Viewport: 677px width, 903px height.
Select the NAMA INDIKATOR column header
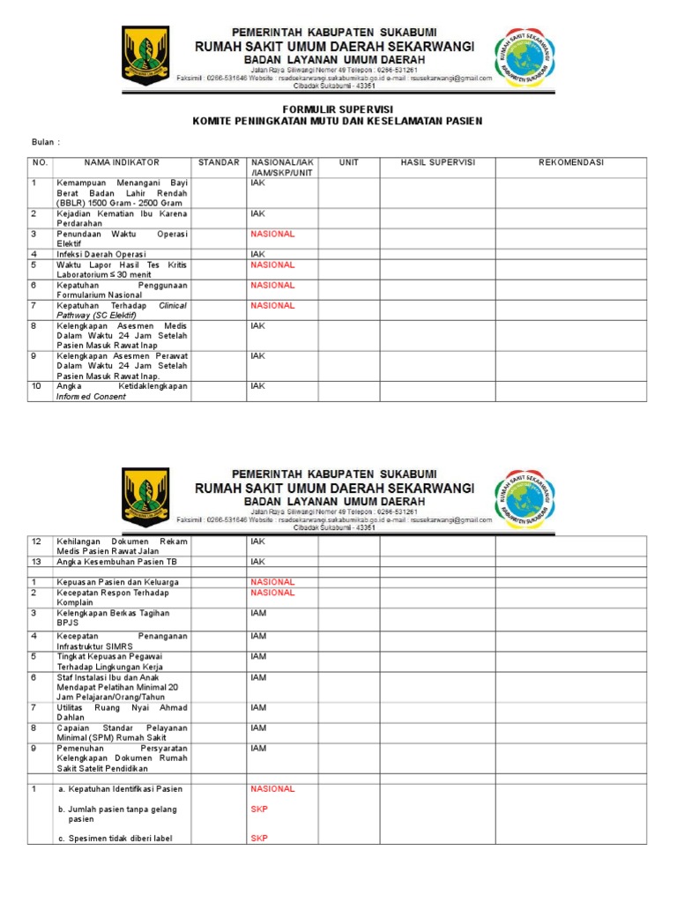122,163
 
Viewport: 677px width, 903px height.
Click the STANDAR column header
219,163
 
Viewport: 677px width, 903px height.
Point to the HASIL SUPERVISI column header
437,163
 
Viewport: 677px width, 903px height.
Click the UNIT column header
348,163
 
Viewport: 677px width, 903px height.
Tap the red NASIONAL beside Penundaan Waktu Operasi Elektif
272,234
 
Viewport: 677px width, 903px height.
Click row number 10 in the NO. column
37,386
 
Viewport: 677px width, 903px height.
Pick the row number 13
36,562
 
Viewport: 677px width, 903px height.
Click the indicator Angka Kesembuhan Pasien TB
117,562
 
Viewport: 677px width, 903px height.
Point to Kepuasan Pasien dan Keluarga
117,582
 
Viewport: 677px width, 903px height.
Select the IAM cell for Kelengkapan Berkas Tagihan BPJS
258,613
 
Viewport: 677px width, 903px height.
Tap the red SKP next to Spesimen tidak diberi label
258,838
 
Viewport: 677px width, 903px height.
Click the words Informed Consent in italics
91,397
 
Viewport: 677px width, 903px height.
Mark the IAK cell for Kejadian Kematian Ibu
257,213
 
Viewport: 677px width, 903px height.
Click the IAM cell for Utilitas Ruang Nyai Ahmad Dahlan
258,707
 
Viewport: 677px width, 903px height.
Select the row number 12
36,541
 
